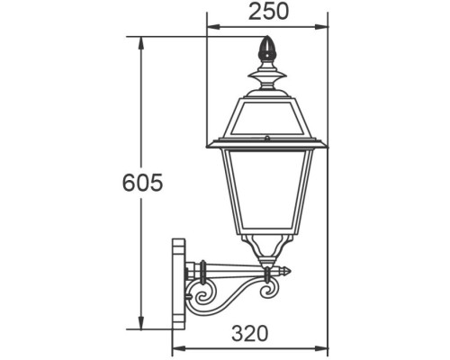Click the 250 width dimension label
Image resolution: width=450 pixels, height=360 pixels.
tap(267, 12)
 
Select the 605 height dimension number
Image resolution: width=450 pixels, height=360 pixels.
tap(141, 184)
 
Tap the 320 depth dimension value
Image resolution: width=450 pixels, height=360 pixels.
tap(248, 333)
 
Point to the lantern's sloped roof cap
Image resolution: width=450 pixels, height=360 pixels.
tap(267, 116)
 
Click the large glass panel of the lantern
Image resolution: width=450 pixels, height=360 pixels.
tap(267, 193)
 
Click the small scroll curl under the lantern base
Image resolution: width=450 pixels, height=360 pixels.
tap(268, 291)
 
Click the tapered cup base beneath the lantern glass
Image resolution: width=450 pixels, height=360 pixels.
tap(267, 248)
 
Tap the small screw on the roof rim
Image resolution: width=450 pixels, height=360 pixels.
tap(267, 139)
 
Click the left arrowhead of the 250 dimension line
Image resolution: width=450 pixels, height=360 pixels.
tap(211, 26)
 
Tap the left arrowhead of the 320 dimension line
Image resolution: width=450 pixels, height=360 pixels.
tap(175, 347)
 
